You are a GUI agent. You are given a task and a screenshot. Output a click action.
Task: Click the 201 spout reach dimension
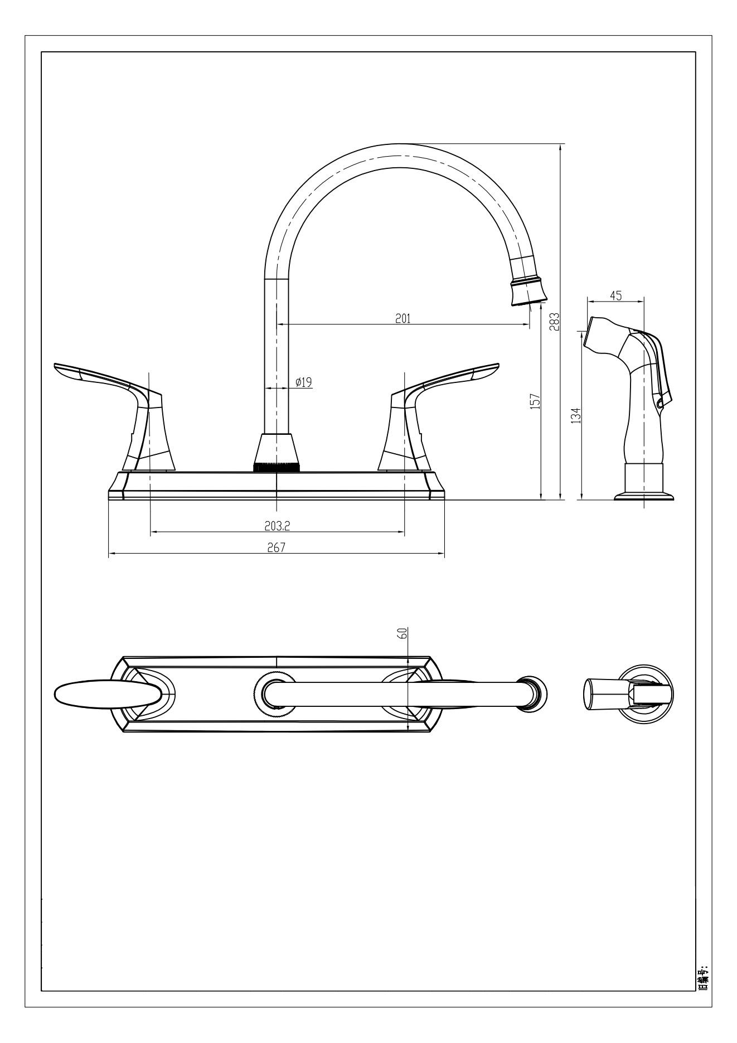coord(403,318)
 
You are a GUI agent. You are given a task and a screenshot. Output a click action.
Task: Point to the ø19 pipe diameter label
coord(303,382)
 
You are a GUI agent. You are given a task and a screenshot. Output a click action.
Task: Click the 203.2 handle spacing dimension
coord(277,525)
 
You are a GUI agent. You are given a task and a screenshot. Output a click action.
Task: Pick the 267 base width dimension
coord(275,547)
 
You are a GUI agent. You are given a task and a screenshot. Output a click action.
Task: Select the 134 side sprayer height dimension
coord(576,415)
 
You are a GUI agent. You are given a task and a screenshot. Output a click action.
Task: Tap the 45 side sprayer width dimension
coord(615,295)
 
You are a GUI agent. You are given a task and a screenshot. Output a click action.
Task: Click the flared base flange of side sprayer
coord(644,495)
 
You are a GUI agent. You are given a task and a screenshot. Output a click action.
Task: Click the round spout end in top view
coord(532,694)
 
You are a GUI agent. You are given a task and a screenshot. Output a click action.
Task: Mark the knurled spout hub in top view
coord(274,694)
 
